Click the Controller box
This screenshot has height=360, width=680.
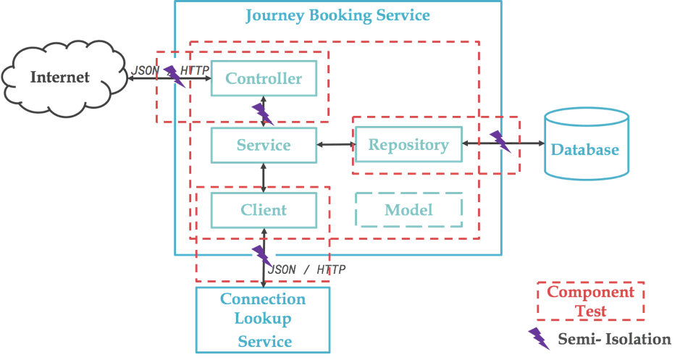click(x=264, y=78)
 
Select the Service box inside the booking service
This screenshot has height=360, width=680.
click(x=264, y=145)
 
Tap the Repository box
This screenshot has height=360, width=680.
click(x=408, y=145)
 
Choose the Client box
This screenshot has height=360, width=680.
click(x=264, y=210)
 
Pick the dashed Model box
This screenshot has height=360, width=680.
click(x=408, y=210)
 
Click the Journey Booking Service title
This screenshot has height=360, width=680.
click(x=337, y=15)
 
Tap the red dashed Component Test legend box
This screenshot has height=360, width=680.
click(x=590, y=301)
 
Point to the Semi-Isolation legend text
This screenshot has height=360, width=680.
click(x=614, y=338)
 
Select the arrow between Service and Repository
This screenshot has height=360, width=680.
click(x=336, y=145)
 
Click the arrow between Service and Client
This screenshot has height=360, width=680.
click(x=264, y=177)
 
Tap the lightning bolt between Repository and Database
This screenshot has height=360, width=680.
click(x=500, y=141)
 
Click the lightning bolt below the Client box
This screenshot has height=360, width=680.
click(x=262, y=254)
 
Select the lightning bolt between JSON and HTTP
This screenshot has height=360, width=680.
click(x=174, y=74)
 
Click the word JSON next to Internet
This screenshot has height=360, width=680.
click(x=145, y=71)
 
